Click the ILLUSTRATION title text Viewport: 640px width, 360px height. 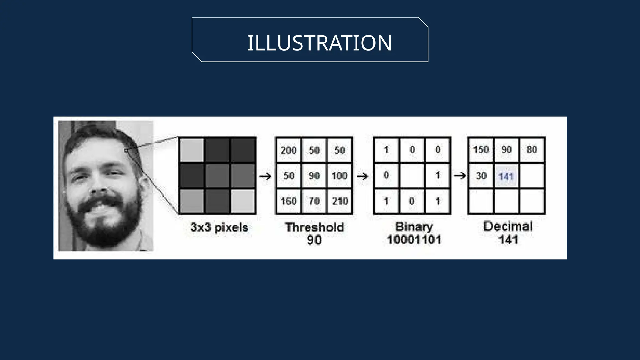319,43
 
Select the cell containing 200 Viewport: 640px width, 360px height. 288,151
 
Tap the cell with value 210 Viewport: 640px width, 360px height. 340,201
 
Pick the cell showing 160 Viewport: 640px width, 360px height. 288,201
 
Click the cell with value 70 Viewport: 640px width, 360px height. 314,201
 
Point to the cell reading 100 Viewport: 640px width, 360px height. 339,176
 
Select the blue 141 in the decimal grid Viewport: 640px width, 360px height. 506,177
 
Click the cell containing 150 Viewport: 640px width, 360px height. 481,150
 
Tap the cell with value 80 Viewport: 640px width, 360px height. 532,150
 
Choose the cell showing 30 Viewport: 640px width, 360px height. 481,176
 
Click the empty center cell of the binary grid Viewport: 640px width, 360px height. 412,176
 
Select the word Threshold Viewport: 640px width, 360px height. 314,227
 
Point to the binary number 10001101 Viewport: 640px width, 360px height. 414,240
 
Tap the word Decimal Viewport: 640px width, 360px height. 508,227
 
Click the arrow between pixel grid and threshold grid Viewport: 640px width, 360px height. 266,177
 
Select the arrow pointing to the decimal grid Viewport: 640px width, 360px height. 460,176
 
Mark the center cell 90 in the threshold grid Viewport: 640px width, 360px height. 314,176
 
